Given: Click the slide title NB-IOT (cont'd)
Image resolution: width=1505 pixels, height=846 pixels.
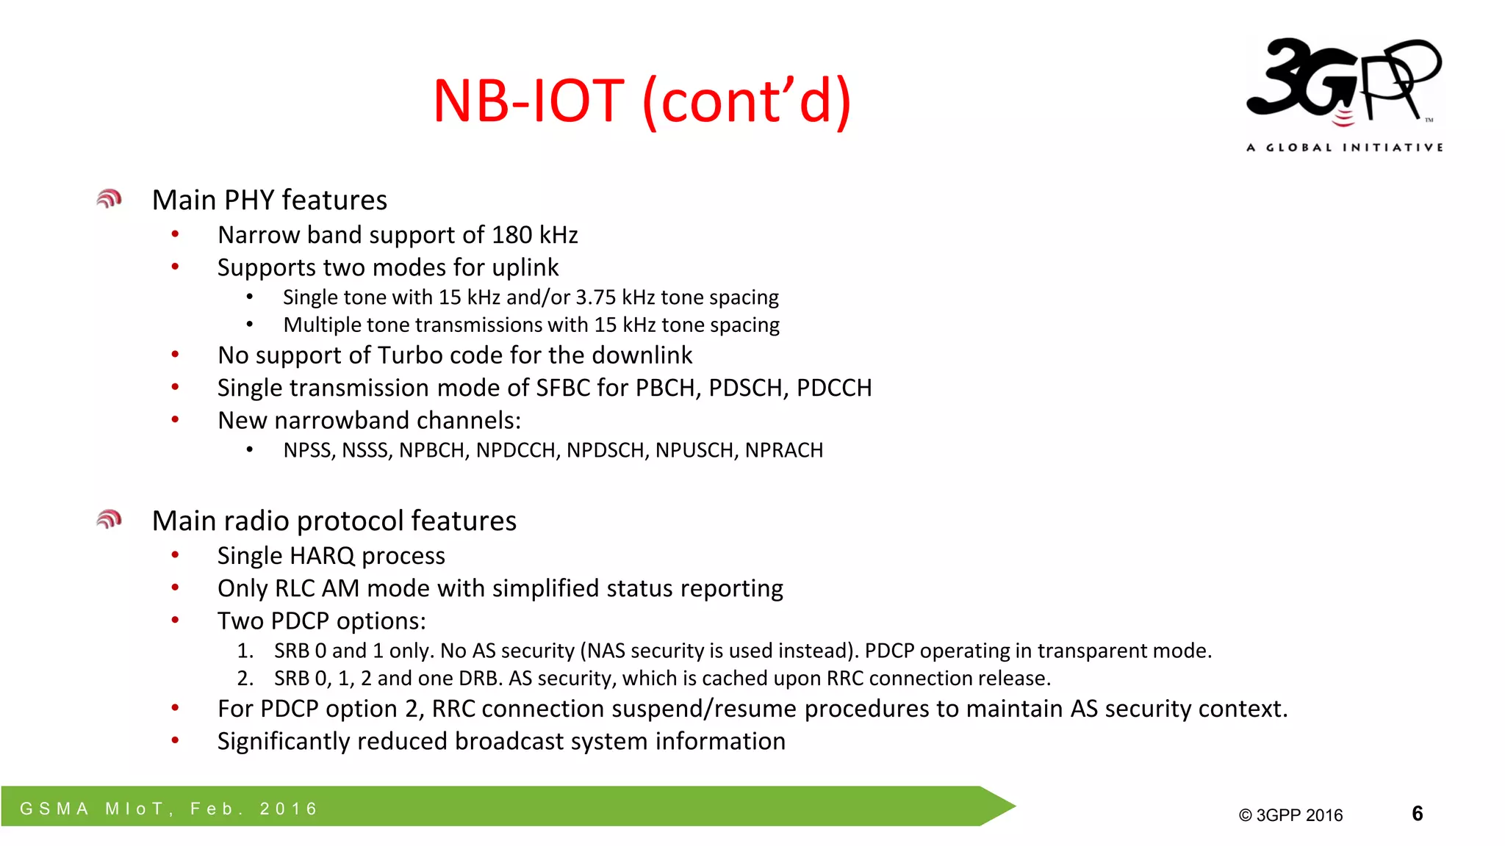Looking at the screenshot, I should coord(642,101).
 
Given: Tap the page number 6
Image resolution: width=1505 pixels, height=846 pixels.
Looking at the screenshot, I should coord(1417,813).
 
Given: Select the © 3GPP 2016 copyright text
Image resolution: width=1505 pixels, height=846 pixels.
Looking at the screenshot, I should coord(1290,815).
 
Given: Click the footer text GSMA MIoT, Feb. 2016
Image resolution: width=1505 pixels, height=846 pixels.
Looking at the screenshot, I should coord(169,809).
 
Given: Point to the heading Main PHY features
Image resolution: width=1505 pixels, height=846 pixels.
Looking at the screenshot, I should coord(269,200).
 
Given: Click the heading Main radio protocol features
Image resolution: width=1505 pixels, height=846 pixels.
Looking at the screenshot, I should coord(334,521).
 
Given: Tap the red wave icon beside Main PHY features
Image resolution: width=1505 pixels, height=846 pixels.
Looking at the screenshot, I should coord(109,199).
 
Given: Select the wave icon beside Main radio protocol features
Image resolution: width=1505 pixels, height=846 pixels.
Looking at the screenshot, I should coord(109,520).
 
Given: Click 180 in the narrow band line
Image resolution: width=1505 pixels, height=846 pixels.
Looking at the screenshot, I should coord(511,235).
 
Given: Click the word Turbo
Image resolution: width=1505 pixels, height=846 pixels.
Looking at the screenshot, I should coord(414,355).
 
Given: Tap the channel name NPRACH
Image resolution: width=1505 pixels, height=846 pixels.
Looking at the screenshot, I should coord(783,450).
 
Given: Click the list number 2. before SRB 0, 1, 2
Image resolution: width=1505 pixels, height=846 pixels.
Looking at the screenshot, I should coord(245,679).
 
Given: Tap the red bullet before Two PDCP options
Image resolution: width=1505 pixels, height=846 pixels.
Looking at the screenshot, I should coord(175,621).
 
